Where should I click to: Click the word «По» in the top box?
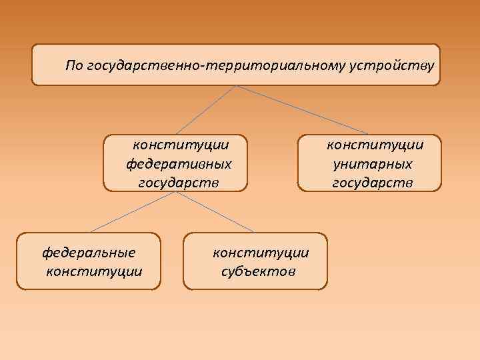point(73,65)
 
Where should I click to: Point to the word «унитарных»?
point(371,163)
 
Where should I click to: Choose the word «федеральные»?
point(89,253)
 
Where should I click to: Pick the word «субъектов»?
point(259,271)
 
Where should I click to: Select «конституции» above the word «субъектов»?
point(261,253)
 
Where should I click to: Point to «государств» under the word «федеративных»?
point(178,182)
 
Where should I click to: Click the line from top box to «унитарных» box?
point(303,110)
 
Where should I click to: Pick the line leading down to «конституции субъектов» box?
point(214,213)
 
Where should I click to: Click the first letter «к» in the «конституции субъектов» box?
point(216,253)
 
